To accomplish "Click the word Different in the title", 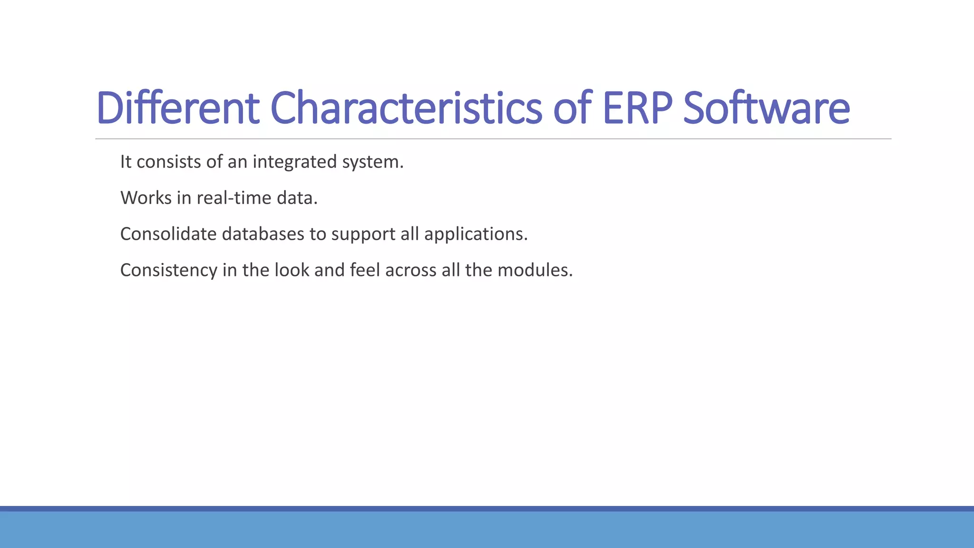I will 178,108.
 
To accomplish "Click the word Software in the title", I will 766,108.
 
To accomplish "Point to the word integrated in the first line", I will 294,162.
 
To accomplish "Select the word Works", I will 146,198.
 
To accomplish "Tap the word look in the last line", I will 292,270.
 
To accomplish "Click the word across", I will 410,270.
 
